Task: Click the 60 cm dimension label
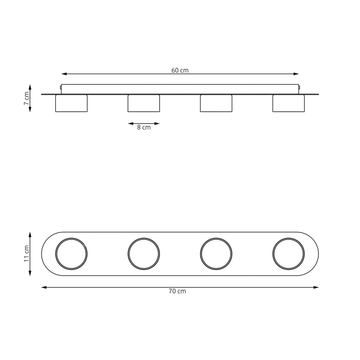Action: pos(180,70)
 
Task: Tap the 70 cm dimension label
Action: pos(177,291)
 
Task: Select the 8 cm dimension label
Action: pos(144,127)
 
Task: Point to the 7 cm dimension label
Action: pos(27,98)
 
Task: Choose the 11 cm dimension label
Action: pos(27,254)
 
